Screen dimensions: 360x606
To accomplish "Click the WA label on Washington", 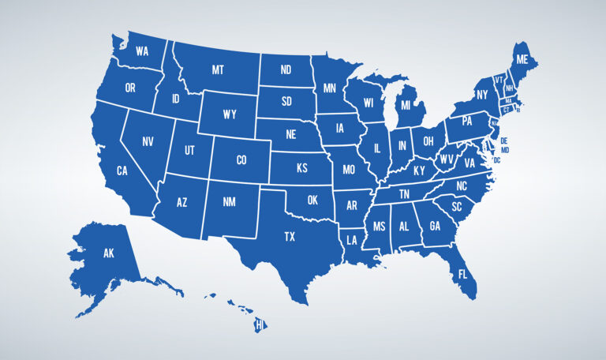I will point(143,51).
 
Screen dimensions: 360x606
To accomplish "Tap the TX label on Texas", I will point(290,235).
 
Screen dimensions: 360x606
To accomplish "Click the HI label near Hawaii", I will point(260,324).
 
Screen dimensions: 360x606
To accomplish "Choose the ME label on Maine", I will point(522,59).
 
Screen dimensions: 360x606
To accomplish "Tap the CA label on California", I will point(122,171).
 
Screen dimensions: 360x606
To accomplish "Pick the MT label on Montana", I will point(218,69).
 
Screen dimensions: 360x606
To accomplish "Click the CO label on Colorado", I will point(241,159).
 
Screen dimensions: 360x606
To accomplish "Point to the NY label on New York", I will point(482,96).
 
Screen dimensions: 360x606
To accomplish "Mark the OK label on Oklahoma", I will point(312,201).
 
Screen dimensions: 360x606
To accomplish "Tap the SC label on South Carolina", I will point(457,207).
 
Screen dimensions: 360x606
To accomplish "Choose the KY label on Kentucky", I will point(419,171).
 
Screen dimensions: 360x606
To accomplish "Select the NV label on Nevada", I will point(148,142).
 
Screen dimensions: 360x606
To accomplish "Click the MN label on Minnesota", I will point(330,88).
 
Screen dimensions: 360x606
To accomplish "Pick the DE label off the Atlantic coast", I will point(503,141).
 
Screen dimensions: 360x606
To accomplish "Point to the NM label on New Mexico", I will point(230,203).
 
